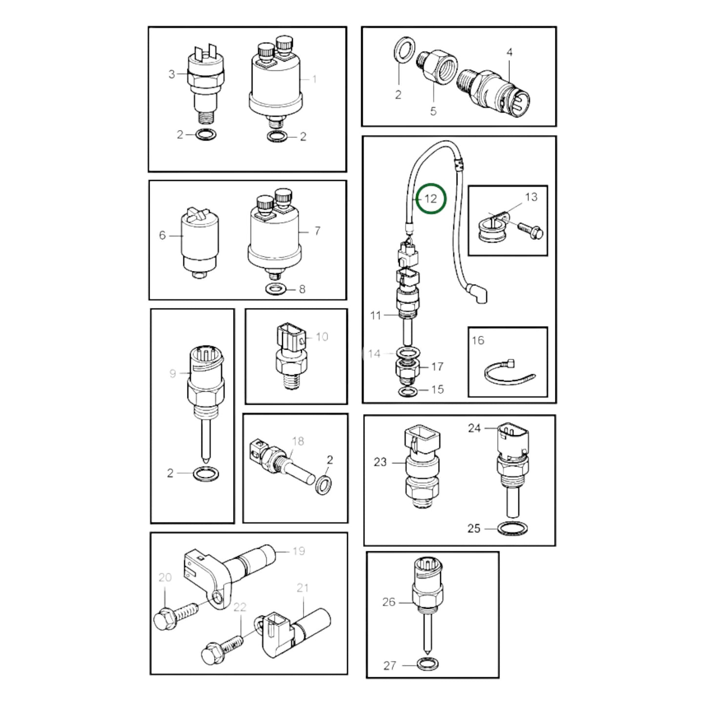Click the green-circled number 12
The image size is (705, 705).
click(431, 199)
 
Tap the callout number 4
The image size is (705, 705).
click(509, 52)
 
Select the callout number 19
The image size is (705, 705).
click(299, 551)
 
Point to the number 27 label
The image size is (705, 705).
click(389, 665)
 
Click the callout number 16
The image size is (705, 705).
click(478, 340)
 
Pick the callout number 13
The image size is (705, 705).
click(531, 197)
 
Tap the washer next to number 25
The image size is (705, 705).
click(512, 528)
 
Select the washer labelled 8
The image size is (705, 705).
click(276, 289)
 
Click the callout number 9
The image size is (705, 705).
click(172, 374)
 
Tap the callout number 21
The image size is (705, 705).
click(302, 588)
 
